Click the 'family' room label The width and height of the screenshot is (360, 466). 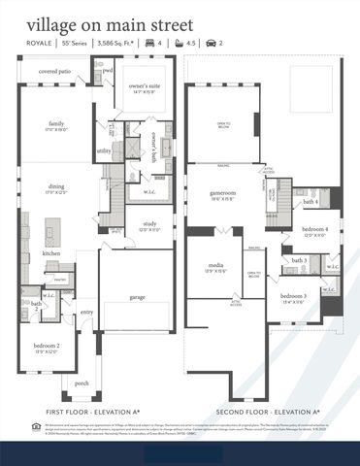coord(56,125)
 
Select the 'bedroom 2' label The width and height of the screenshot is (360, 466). coord(47,347)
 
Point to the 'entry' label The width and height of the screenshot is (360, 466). coord(87,312)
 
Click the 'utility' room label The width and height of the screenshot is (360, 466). coord(104,151)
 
